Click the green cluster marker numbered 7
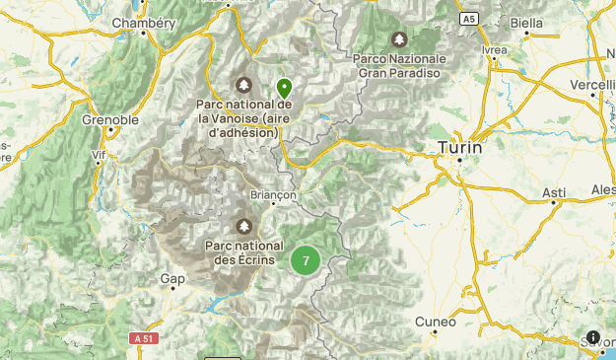306,260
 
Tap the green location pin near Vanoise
284,88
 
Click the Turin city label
460,147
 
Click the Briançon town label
274,195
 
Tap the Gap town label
172,279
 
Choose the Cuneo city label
436,322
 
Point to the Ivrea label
496,49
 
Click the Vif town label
98,155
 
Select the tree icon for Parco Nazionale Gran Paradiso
399,40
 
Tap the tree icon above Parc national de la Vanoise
243,84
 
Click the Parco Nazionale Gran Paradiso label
399,65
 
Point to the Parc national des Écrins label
243,252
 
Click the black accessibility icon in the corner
594,338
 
